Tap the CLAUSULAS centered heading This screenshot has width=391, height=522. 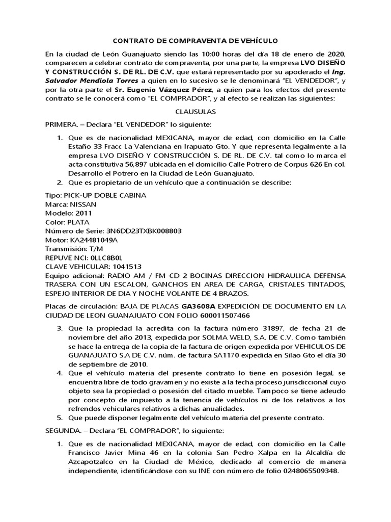click(x=195, y=111)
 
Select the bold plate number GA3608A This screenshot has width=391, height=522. click(x=199, y=306)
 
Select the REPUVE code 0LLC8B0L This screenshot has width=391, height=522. click(x=106, y=257)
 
